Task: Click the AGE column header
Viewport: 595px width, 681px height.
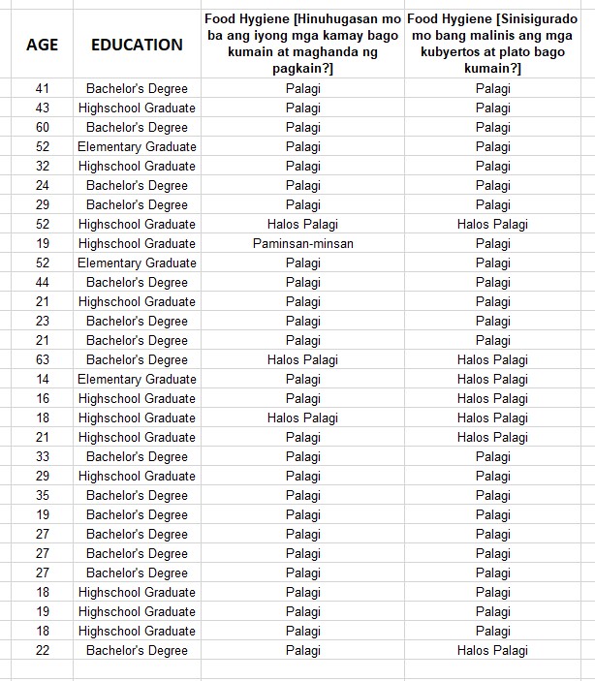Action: pyautogui.click(x=42, y=45)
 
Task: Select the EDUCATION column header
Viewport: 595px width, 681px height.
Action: pyautogui.click(x=137, y=45)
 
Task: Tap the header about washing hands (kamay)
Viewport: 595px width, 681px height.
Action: pyautogui.click(x=303, y=44)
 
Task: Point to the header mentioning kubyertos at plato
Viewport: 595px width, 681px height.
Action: pyautogui.click(x=492, y=44)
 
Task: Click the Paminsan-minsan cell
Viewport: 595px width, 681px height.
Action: pyautogui.click(x=303, y=243)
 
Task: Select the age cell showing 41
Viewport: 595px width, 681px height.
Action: pyautogui.click(x=42, y=88)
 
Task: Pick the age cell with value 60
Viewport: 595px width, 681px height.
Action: pyautogui.click(x=42, y=127)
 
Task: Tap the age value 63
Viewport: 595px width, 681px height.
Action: pyautogui.click(x=42, y=359)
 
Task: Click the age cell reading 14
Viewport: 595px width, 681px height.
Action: pyautogui.click(x=42, y=379)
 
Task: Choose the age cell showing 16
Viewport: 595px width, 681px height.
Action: pyautogui.click(x=42, y=398)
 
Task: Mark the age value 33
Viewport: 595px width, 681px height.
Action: pyautogui.click(x=42, y=456)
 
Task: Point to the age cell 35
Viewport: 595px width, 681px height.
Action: pyautogui.click(x=42, y=495)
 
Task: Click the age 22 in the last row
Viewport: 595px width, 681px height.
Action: pyautogui.click(x=42, y=650)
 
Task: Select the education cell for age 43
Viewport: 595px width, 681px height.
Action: pyautogui.click(x=137, y=108)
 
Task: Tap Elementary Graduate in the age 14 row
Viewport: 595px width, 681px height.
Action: pyautogui.click(x=137, y=379)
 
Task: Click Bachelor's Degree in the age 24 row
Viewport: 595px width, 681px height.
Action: pyautogui.click(x=137, y=185)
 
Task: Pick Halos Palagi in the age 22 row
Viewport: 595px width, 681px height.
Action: pyautogui.click(x=492, y=650)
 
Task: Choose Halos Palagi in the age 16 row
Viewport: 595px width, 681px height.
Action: pyautogui.click(x=492, y=398)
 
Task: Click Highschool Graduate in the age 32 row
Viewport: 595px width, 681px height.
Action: pyautogui.click(x=137, y=166)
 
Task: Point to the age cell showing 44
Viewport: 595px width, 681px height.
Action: pyautogui.click(x=42, y=282)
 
